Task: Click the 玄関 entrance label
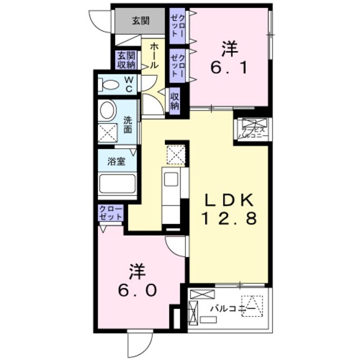click(x=141, y=21)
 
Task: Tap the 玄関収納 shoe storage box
click(x=126, y=60)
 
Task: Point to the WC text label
click(x=128, y=85)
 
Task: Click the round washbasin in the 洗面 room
click(x=106, y=110)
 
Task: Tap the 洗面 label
click(x=128, y=124)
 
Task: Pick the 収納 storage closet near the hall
click(x=174, y=101)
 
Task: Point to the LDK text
click(x=229, y=200)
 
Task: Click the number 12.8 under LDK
click(x=229, y=218)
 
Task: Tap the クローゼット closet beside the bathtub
click(x=111, y=213)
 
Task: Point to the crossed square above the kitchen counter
click(x=175, y=153)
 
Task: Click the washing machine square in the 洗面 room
click(x=106, y=134)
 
